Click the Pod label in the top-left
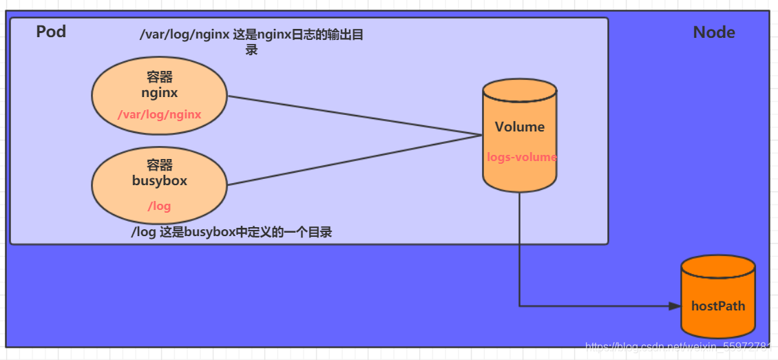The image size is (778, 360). click(x=51, y=31)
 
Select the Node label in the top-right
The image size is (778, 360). click(x=713, y=32)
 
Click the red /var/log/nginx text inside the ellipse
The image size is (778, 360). click(x=160, y=114)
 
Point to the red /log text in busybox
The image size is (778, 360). click(x=160, y=206)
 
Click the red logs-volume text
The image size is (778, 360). click(x=521, y=157)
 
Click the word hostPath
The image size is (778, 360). click(x=718, y=306)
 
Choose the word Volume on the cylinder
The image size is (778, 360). click(x=520, y=127)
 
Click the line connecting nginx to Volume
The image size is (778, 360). click(x=355, y=115)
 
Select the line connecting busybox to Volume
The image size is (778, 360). click(x=355, y=160)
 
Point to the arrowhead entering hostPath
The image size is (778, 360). click(x=675, y=306)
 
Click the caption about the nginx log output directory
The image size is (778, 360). click(x=251, y=41)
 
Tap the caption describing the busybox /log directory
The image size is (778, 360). click(x=231, y=232)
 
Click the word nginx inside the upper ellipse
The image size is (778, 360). click(x=160, y=92)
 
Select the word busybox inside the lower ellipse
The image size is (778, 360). click(x=160, y=181)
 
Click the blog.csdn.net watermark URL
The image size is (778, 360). click(x=678, y=346)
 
